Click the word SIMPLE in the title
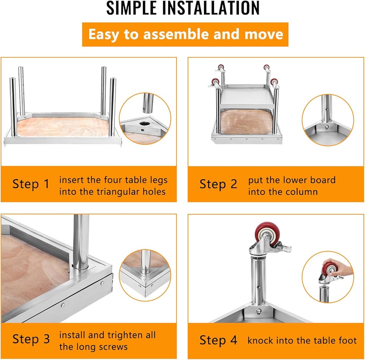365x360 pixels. click(131, 8)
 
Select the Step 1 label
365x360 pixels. click(31, 184)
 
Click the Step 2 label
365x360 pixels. click(218, 184)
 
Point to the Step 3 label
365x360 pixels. click(31, 339)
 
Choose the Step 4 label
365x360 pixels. click(218, 340)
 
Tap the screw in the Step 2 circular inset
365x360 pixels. click(327, 127)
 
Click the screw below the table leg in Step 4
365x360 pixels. click(259, 311)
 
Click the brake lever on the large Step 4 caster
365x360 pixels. click(283, 248)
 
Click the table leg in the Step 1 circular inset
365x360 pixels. click(148, 103)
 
